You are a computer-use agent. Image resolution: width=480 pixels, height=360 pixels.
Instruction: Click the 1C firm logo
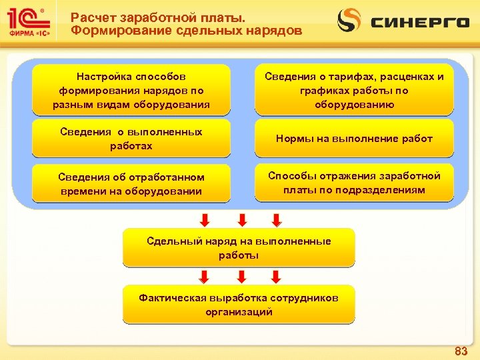[x=29, y=23]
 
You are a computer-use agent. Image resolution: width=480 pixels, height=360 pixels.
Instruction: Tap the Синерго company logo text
[x=419, y=22]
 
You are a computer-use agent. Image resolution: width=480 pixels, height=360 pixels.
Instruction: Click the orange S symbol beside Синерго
[x=349, y=21]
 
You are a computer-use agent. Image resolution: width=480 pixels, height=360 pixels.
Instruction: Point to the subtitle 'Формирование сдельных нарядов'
[x=186, y=31]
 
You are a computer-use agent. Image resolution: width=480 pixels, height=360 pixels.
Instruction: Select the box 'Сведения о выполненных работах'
[x=131, y=138]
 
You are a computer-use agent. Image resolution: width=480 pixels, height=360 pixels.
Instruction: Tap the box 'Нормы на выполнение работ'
[x=354, y=139]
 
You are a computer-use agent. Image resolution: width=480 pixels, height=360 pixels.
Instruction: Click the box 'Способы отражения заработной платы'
[x=354, y=183]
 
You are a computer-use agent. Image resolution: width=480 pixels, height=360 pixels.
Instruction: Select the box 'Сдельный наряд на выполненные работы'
[x=239, y=248]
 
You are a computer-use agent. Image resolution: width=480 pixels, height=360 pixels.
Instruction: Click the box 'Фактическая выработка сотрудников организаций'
[x=239, y=305]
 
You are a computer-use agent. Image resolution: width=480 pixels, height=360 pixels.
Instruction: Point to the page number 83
[x=460, y=351]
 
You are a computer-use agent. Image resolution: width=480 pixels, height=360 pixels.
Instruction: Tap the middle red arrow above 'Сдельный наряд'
[x=243, y=219]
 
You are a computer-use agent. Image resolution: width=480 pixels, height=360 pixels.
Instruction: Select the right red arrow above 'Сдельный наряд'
[x=276, y=219]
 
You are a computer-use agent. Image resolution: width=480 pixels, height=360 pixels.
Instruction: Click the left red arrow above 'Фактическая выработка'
[x=205, y=276]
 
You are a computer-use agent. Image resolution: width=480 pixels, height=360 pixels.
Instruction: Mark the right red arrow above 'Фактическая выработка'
[x=276, y=276]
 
